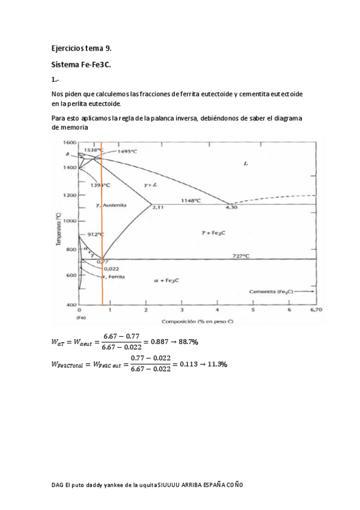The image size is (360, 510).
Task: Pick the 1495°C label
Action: [x=128, y=152]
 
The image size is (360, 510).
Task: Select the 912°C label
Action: [x=96, y=234]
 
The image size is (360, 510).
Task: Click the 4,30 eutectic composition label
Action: [x=231, y=207]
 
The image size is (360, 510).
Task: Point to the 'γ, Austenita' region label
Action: [x=111, y=205]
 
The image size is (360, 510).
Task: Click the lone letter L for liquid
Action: [x=246, y=164]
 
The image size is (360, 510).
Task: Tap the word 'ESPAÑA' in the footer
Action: [x=216, y=485]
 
